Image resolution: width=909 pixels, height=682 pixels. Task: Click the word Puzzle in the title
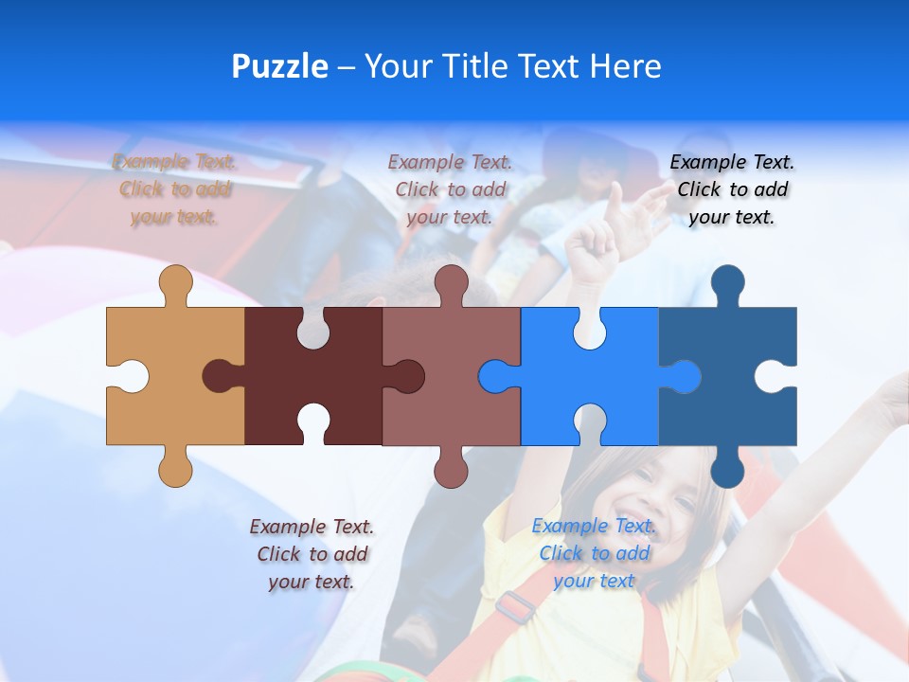click(279, 66)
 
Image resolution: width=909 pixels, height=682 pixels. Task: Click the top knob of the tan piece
click(175, 281)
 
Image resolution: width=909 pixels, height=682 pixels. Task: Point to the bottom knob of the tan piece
click(175, 470)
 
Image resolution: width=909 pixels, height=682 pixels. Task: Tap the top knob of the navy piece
click(727, 282)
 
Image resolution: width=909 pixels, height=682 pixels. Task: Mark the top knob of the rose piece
click(452, 281)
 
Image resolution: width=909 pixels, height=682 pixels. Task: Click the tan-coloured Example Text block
click(175, 189)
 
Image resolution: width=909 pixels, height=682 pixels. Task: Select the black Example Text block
click(732, 189)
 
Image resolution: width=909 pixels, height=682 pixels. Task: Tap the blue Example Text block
click(594, 553)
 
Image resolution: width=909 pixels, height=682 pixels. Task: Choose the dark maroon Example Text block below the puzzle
click(312, 554)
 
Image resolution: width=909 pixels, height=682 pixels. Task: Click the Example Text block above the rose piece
click(450, 189)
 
